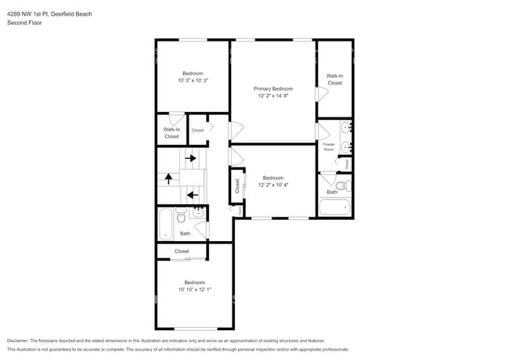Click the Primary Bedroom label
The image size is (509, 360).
(x=273, y=88)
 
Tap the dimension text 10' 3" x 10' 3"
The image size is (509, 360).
(x=193, y=80)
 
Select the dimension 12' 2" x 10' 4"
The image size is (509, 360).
(x=273, y=185)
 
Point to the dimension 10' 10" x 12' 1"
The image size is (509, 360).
(x=194, y=289)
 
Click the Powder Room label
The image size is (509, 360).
(x=329, y=146)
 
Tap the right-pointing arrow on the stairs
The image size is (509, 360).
(x=190, y=158)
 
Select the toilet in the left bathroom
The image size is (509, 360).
(x=181, y=215)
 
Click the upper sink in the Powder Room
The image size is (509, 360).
(x=345, y=127)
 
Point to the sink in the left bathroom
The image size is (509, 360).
(x=198, y=212)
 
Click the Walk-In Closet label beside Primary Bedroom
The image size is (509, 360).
(x=334, y=79)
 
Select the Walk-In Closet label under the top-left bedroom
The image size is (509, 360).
(x=171, y=133)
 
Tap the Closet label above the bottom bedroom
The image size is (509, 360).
(x=182, y=251)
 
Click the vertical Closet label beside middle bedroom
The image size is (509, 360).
(x=237, y=185)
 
